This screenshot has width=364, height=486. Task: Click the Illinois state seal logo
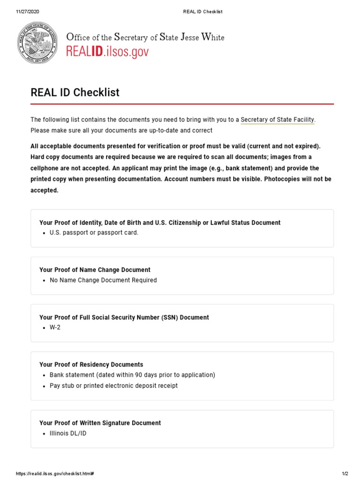[x=37, y=42]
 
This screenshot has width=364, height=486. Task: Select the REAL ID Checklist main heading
[x=75, y=92]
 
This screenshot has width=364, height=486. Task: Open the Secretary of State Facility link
[x=277, y=120]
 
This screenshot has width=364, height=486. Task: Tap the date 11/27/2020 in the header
[x=27, y=11]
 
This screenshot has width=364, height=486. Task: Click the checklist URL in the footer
[x=55, y=474]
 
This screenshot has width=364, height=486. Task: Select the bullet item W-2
[x=55, y=327]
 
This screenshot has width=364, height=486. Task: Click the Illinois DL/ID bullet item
[x=68, y=433]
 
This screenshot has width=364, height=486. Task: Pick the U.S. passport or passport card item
[x=94, y=233]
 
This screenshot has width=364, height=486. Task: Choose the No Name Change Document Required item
[x=103, y=280]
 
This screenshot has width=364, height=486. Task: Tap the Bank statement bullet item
[x=132, y=375]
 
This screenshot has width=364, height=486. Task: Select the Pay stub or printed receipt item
[x=114, y=385]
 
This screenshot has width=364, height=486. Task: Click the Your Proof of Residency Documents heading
[x=91, y=364]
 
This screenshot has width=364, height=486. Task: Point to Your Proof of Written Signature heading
[x=100, y=423]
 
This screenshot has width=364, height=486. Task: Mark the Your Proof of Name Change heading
[x=95, y=270]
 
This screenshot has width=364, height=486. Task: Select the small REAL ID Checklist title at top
[x=202, y=11]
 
